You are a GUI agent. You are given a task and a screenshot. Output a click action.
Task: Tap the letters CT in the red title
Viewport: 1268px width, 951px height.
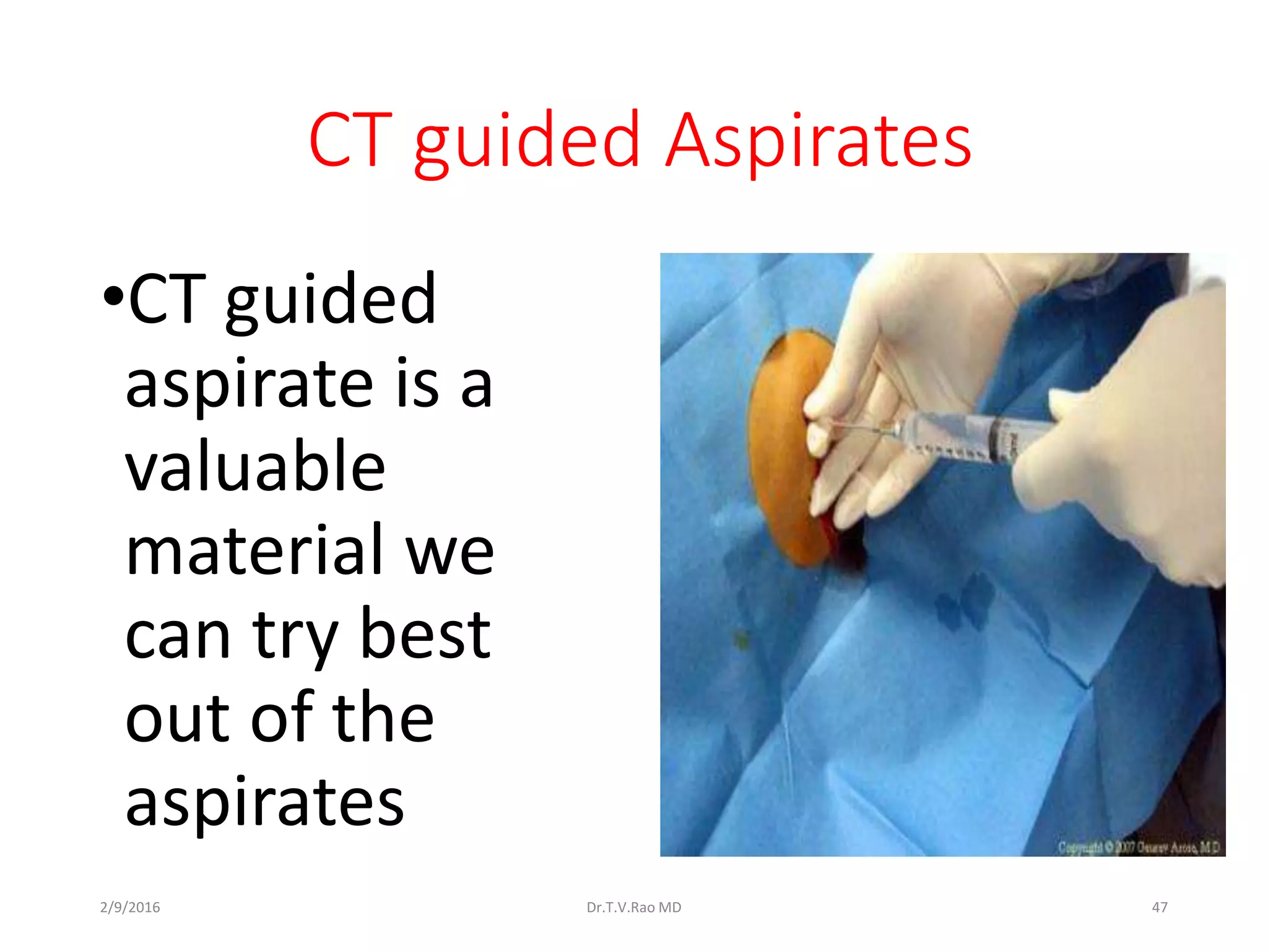tap(350, 141)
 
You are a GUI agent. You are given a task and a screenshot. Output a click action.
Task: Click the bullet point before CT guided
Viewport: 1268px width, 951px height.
tap(113, 297)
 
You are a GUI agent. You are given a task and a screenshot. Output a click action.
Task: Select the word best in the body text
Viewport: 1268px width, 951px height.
tap(425, 634)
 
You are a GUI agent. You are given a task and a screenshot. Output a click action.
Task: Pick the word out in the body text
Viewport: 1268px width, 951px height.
tap(178, 718)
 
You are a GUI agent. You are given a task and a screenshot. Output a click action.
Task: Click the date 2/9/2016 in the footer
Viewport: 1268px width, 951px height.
tap(130, 908)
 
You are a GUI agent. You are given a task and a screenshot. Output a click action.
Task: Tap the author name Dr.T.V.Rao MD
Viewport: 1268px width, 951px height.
tap(633, 908)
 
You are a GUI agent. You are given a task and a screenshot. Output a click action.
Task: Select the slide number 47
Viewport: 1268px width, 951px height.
tap(1159, 908)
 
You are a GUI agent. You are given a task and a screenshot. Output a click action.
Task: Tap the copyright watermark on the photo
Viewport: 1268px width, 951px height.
tap(1138, 847)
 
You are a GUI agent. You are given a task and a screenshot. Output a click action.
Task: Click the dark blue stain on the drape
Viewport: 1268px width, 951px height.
tap(966, 597)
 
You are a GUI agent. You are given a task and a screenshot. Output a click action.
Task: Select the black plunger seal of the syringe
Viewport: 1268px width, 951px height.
tap(998, 438)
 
